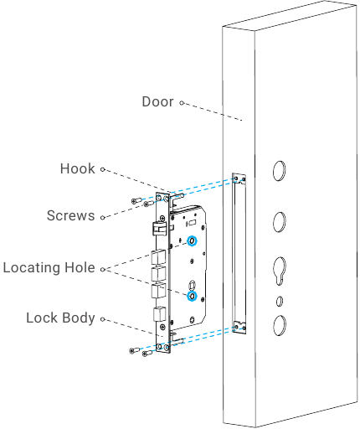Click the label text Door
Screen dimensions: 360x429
tap(157, 101)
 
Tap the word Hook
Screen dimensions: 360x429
tap(78, 168)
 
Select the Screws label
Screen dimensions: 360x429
tap(71, 215)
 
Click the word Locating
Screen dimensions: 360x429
tap(32, 268)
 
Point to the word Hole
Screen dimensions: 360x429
tap(80, 267)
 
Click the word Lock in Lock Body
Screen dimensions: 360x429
tap(42, 318)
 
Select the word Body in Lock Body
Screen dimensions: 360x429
tap(79, 318)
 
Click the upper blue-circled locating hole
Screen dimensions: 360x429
tap(192, 240)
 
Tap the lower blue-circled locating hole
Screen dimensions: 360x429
tap(192, 296)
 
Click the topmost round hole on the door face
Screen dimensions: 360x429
tap(279, 171)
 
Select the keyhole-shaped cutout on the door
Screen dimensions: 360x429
tap(279, 271)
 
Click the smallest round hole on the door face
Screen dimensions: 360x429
tap(280, 301)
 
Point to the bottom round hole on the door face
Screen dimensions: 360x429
tap(279, 325)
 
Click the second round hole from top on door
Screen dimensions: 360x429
tap(279, 222)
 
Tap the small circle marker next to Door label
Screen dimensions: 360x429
tap(182, 103)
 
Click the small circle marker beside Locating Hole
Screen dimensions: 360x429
tap(103, 269)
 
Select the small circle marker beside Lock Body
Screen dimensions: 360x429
tap(103, 319)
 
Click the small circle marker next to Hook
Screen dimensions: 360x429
tap(103, 169)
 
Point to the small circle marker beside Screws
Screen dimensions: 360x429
tap(103, 217)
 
